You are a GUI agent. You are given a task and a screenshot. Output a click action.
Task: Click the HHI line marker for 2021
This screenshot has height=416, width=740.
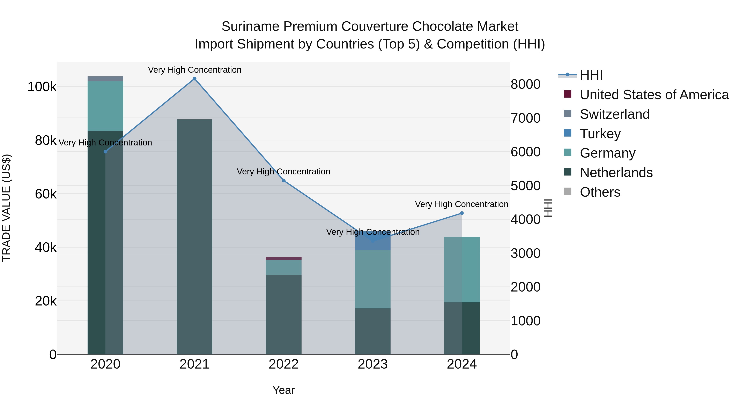(194, 79)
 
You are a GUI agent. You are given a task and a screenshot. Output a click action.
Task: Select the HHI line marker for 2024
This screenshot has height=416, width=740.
(462, 213)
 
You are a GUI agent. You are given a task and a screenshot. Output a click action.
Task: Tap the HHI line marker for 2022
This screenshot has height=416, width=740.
(283, 181)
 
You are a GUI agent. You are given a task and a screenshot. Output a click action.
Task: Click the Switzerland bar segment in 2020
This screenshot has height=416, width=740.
(105, 79)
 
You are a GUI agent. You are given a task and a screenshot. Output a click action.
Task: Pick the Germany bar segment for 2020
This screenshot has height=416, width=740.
(105, 106)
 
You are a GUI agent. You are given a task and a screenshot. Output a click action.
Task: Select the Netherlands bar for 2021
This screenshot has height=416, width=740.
(194, 237)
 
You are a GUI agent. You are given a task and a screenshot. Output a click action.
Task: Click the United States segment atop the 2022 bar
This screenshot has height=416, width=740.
(283, 259)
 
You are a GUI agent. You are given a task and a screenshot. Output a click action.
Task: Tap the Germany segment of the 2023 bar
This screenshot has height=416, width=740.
(373, 279)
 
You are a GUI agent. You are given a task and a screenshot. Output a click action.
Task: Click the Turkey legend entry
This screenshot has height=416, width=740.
(600, 134)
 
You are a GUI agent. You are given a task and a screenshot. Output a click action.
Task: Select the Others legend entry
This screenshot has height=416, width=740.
(600, 192)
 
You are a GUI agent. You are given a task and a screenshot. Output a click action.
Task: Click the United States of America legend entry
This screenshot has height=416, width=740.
(654, 95)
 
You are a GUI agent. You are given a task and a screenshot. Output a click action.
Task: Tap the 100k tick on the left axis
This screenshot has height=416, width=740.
(42, 87)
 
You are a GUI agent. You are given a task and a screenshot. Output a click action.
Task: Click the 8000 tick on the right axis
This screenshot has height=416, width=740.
(525, 84)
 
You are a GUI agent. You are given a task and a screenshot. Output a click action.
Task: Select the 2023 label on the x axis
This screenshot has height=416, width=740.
(373, 364)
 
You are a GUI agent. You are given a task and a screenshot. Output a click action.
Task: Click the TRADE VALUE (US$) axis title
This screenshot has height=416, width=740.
(6, 208)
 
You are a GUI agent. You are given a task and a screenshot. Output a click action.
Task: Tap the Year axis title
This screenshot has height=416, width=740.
(283, 390)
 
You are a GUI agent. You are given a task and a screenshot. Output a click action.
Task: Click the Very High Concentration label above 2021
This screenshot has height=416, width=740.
(194, 70)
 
